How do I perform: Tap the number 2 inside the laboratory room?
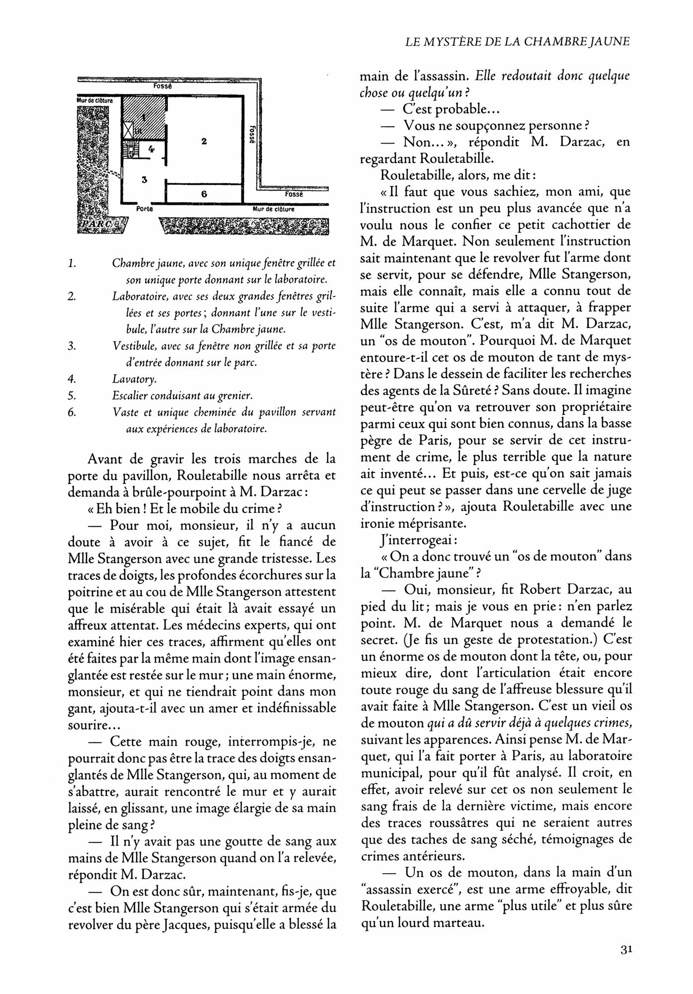click(204, 142)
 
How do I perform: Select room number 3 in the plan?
click(144, 179)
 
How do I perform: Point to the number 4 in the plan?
click(152, 148)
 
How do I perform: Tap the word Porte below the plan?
click(144, 209)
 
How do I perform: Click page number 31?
click(625, 949)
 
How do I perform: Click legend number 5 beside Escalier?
click(72, 396)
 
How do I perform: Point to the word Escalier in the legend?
click(130, 396)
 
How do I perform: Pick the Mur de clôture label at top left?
click(95, 100)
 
